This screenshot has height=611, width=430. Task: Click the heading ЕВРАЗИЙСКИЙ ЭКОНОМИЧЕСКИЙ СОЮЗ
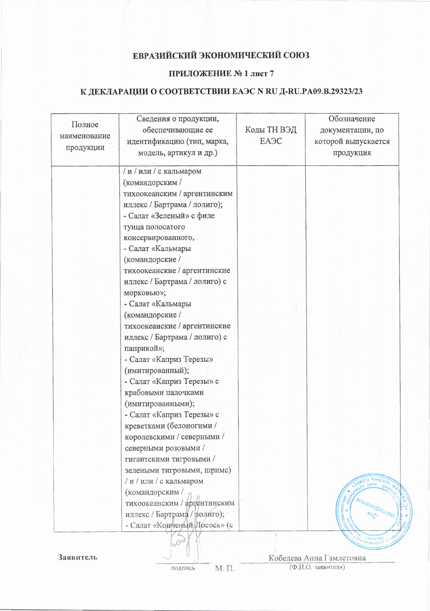(221, 56)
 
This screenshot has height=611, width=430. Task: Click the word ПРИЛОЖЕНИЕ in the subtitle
(195, 74)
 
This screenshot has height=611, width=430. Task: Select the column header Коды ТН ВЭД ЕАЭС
(271, 135)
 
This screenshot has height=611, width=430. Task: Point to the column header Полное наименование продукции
(85, 136)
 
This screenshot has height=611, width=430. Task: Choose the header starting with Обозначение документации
(352, 136)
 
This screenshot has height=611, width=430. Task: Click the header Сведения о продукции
(178, 136)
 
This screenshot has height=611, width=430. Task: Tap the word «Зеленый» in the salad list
(171, 216)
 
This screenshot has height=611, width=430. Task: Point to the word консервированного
(159, 238)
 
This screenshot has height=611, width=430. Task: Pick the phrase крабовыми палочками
(164, 392)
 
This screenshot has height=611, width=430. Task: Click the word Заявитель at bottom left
(78, 557)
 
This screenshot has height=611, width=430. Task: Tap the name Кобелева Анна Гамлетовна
(317, 558)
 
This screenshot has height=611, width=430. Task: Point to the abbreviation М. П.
(225, 568)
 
